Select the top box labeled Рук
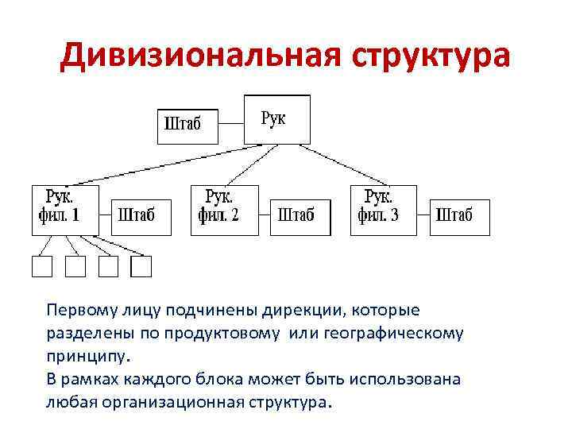pos(276,119)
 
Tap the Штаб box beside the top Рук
pos(187,125)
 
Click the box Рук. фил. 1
pos(65,210)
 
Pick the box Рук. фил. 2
pos(225,210)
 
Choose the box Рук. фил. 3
pos(384,210)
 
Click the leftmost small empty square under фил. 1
pos(41,267)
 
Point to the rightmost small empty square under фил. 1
pos(141,267)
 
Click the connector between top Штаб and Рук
pos(230,124)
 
